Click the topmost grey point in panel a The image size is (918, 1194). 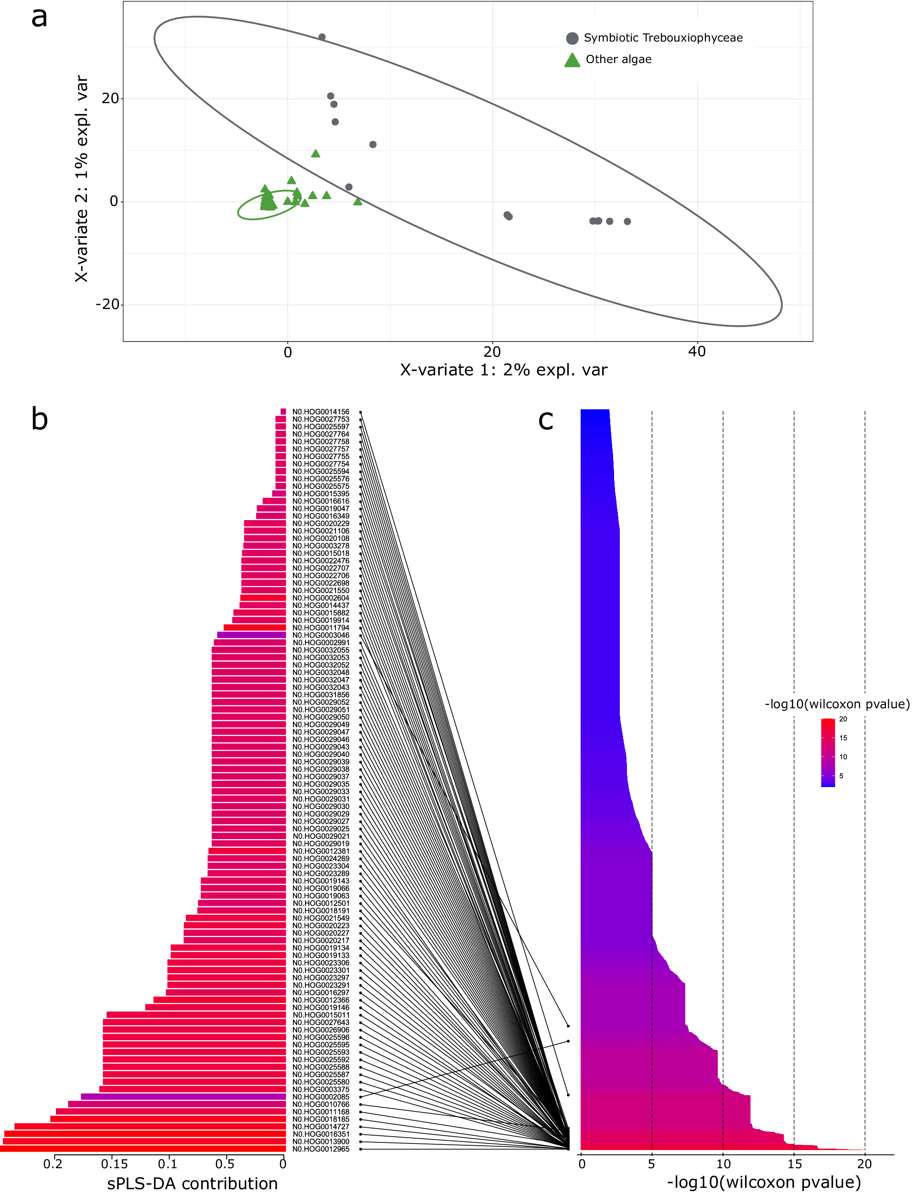(x=322, y=37)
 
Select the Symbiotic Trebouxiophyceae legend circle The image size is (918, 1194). (x=572, y=38)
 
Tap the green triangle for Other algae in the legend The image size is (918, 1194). (x=572, y=60)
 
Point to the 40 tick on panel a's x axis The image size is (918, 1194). (x=697, y=352)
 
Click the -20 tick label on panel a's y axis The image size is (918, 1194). (x=107, y=304)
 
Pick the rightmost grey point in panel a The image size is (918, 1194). (x=627, y=221)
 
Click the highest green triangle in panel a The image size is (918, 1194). (x=315, y=153)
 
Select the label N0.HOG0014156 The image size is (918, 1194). (x=321, y=412)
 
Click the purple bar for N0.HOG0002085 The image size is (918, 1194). (x=183, y=1096)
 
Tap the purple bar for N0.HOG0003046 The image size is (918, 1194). (x=251, y=635)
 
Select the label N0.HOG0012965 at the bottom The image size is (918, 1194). (x=321, y=1149)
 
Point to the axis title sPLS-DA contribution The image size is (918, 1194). (x=192, y=1183)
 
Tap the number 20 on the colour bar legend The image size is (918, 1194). (x=843, y=719)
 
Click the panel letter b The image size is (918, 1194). (x=39, y=419)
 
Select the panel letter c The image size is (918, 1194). (x=545, y=419)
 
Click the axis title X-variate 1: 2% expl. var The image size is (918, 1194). (x=503, y=370)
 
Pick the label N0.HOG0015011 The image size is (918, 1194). (x=321, y=1014)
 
